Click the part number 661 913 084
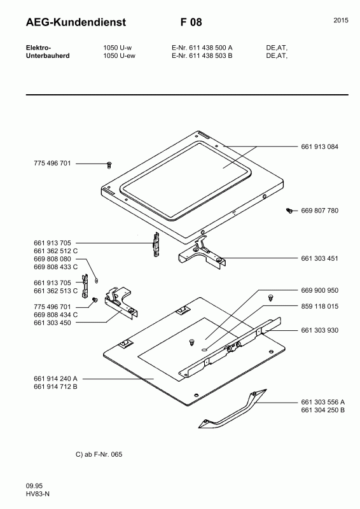click(x=319, y=146)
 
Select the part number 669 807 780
click(x=319, y=210)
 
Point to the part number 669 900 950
click(x=319, y=290)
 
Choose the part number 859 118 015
click(x=319, y=306)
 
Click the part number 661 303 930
click(x=319, y=330)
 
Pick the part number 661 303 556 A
click(x=322, y=402)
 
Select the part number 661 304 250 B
click(x=322, y=410)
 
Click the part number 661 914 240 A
click(x=55, y=379)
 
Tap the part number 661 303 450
click(x=52, y=323)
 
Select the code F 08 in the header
click(x=191, y=23)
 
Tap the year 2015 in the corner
click(x=341, y=21)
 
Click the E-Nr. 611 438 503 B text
click(x=202, y=56)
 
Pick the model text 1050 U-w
click(x=118, y=48)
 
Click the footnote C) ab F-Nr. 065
click(x=99, y=454)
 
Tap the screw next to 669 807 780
click(x=289, y=210)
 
